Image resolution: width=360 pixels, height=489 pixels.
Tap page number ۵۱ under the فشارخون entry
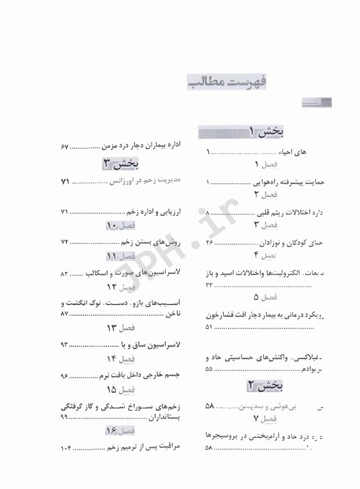click(210, 327)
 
